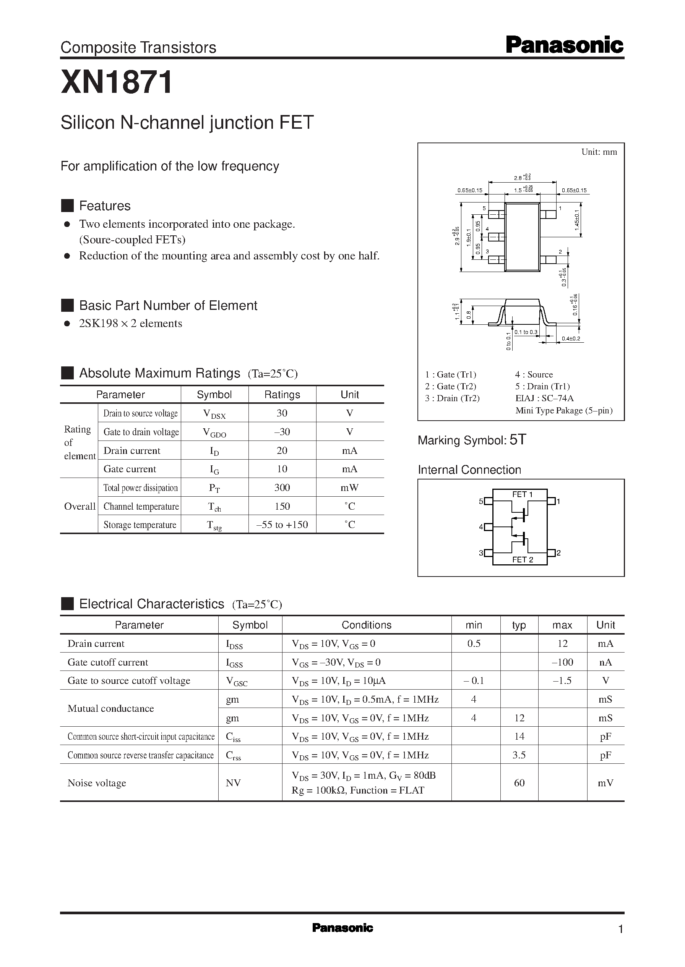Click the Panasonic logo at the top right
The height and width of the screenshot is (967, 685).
[x=564, y=45]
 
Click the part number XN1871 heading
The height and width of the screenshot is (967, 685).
[x=117, y=82]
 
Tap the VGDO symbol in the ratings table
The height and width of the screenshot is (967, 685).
[x=214, y=432]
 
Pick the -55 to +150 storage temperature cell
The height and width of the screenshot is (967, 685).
[x=282, y=525]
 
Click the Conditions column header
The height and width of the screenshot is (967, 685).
[x=366, y=625]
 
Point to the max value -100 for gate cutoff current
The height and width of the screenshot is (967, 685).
[x=562, y=662]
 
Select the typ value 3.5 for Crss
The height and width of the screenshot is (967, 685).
[x=519, y=755]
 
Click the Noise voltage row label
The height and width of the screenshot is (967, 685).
[x=97, y=783]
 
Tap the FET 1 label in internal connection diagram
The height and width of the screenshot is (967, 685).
[x=522, y=494]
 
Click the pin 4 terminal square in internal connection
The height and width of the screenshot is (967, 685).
[x=489, y=527]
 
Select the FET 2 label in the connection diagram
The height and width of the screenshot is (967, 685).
[x=522, y=559]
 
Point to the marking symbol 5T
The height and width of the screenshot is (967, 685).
[x=518, y=440]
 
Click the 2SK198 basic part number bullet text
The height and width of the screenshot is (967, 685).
[x=130, y=323]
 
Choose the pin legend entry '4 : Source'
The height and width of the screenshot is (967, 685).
[x=534, y=374]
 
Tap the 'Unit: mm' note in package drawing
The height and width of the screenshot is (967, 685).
[x=599, y=152]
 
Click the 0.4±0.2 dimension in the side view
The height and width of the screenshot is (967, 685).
[x=571, y=339]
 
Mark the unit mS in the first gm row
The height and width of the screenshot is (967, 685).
[x=605, y=699]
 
